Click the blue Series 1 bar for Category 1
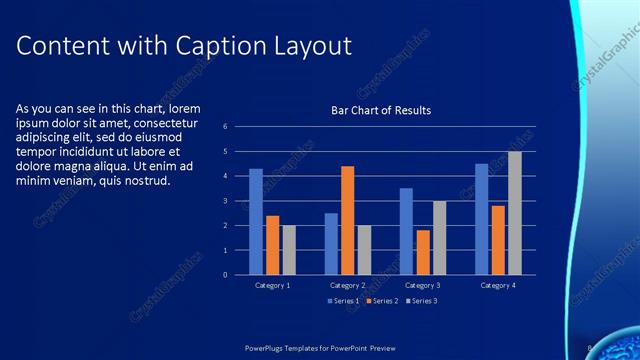tap(256, 221)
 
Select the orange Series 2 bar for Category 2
tap(347, 220)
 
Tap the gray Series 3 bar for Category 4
tap(514, 213)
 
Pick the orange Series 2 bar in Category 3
tap(423, 252)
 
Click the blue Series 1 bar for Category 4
tap(481, 219)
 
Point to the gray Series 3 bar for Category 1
tap(289, 250)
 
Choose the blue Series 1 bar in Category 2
tap(331, 243)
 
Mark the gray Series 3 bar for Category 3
tap(439, 237)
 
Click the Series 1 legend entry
tap(345, 300)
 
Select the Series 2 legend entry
tap(383, 300)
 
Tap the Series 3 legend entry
tap(421, 300)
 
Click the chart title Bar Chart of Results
tap(381, 110)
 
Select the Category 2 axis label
tap(348, 286)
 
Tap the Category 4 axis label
tap(498, 286)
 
